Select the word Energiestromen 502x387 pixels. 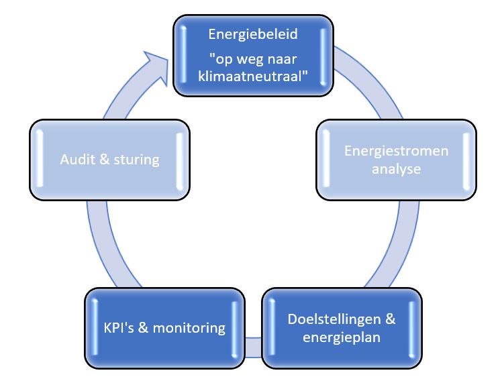(x=387, y=150)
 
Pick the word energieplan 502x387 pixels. (x=342, y=337)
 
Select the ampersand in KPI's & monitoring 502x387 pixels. (x=143, y=328)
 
